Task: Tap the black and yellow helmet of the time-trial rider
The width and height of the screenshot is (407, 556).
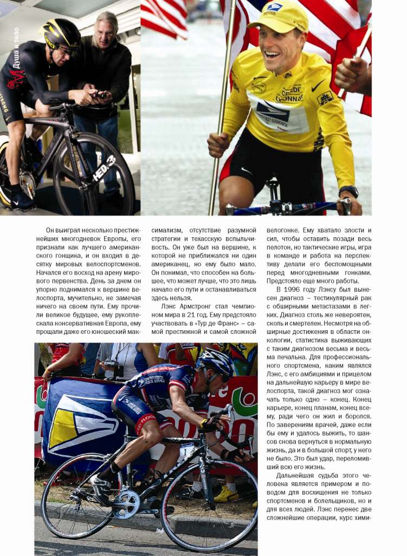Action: click(x=61, y=34)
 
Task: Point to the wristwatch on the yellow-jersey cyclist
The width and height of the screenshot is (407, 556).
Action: click(x=348, y=191)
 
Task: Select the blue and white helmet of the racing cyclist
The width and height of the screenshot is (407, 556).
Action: click(x=216, y=361)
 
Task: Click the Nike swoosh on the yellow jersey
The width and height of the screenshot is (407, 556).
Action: click(x=318, y=86)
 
